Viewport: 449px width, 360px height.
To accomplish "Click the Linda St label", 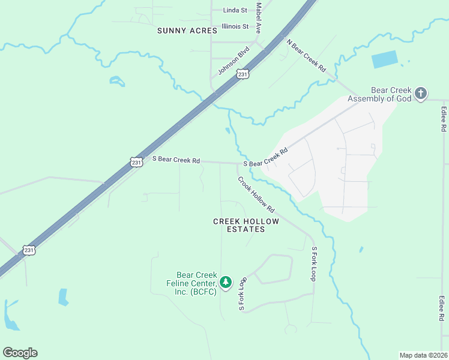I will (235, 10).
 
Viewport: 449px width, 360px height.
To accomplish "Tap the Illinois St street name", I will (235, 26).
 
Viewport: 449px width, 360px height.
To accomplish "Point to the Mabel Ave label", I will (259, 13).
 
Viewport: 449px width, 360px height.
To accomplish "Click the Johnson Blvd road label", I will (233, 61).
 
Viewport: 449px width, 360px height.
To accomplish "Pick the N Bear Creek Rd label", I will (306, 56).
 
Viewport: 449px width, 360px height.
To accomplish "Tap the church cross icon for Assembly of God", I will (421, 93).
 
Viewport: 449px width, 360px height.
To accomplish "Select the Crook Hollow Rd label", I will (256, 194).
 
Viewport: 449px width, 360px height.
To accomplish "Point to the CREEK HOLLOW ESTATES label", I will (238, 225).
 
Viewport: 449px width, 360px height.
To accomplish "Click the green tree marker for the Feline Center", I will (226, 281).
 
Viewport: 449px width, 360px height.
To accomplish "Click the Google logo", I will (20, 353).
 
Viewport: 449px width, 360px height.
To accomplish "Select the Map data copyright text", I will (423, 355).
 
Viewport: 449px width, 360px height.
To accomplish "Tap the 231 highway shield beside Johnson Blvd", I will (242, 74).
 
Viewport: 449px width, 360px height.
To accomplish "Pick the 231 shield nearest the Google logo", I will (29, 250).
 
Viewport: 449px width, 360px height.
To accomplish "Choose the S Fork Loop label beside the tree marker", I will (243, 294).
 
